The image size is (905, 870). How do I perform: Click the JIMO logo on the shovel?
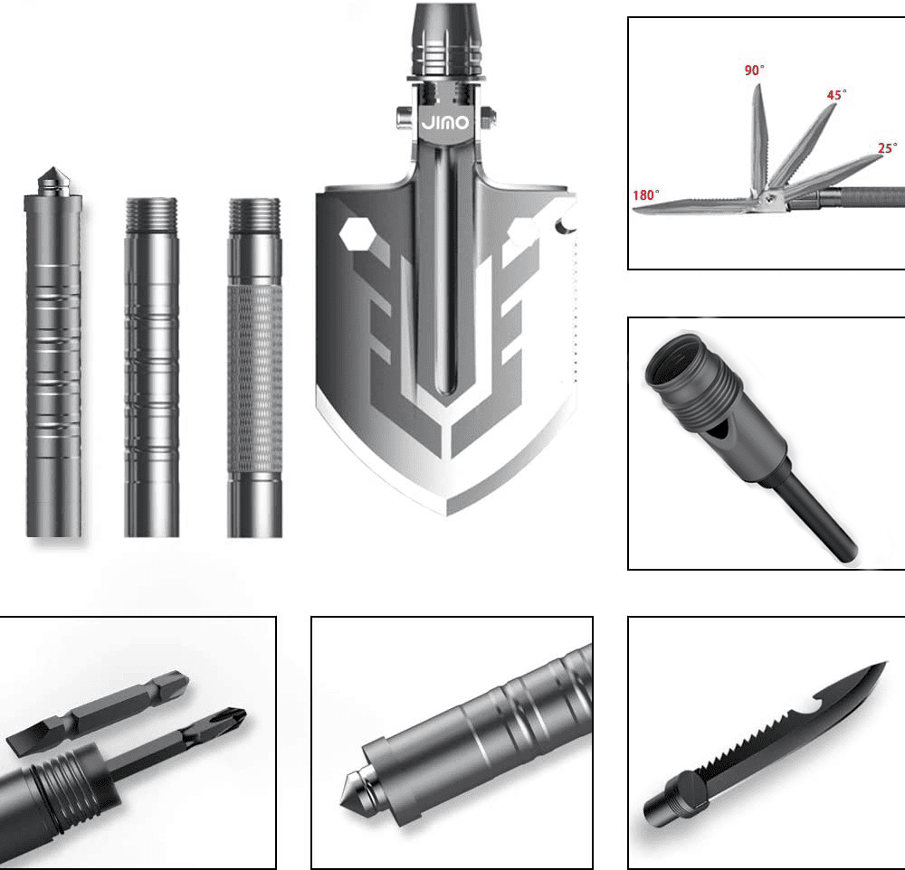(445, 122)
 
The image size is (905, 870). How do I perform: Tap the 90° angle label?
(754, 71)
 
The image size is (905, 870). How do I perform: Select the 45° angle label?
(836, 95)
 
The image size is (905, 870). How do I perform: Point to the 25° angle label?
(887, 148)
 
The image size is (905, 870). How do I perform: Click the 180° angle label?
(646, 195)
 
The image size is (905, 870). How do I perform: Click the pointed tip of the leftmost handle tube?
(53, 170)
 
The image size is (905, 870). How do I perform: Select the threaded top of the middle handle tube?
(151, 213)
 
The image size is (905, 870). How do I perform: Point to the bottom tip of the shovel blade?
(446, 514)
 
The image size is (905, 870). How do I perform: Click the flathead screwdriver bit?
(98, 710)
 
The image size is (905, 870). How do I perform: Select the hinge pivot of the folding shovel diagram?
(767, 198)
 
